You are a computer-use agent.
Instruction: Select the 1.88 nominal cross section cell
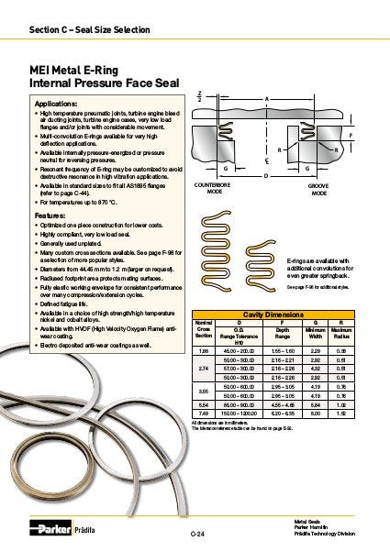(x=206, y=350)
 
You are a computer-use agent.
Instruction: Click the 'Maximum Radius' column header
(x=341, y=329)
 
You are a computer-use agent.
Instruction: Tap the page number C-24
(x=195, y=533)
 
